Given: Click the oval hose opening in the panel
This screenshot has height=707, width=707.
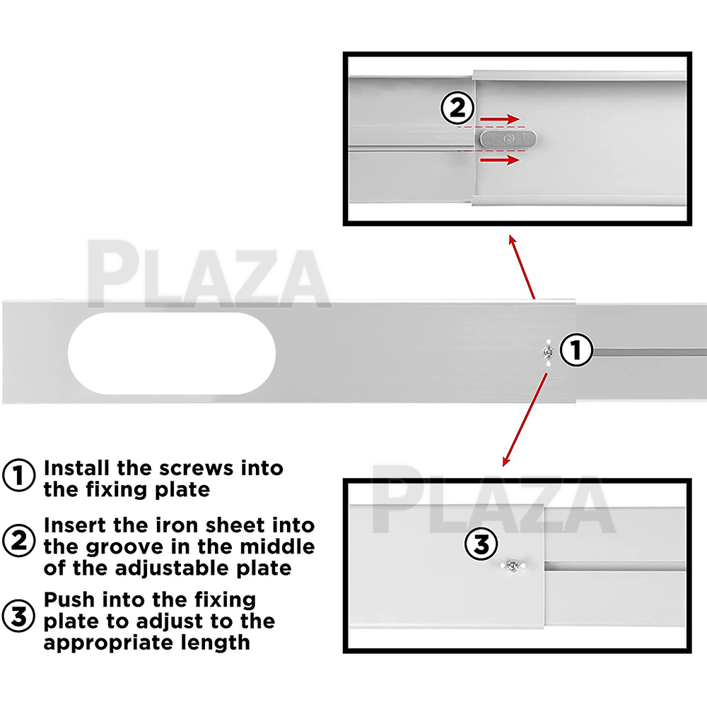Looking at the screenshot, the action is coord(172,353).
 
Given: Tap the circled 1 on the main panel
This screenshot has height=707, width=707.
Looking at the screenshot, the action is coord(576,350).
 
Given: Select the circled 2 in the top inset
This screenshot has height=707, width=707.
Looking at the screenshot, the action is coord(457,108).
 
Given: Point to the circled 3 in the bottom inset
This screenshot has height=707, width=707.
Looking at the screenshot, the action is coord(481,544).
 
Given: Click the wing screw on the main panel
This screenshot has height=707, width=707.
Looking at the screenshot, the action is coord(549,351).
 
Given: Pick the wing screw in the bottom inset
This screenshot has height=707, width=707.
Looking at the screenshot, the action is coord(513,565).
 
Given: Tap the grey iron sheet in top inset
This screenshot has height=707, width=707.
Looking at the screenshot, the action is coord(508,139).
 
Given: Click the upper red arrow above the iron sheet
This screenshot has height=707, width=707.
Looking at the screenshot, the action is coord(500,119).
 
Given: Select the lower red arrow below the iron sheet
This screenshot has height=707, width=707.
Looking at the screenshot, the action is coord(500,160).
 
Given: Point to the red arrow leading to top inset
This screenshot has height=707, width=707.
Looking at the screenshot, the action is coord(522,267).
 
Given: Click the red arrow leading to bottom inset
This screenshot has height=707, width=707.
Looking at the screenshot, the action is coord(525,419).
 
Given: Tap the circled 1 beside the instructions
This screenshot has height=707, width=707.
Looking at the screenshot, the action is coord(18,475).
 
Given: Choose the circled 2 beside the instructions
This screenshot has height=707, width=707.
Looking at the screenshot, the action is coord(18,540).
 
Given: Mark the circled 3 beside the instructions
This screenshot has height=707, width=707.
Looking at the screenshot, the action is coord(18,616).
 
